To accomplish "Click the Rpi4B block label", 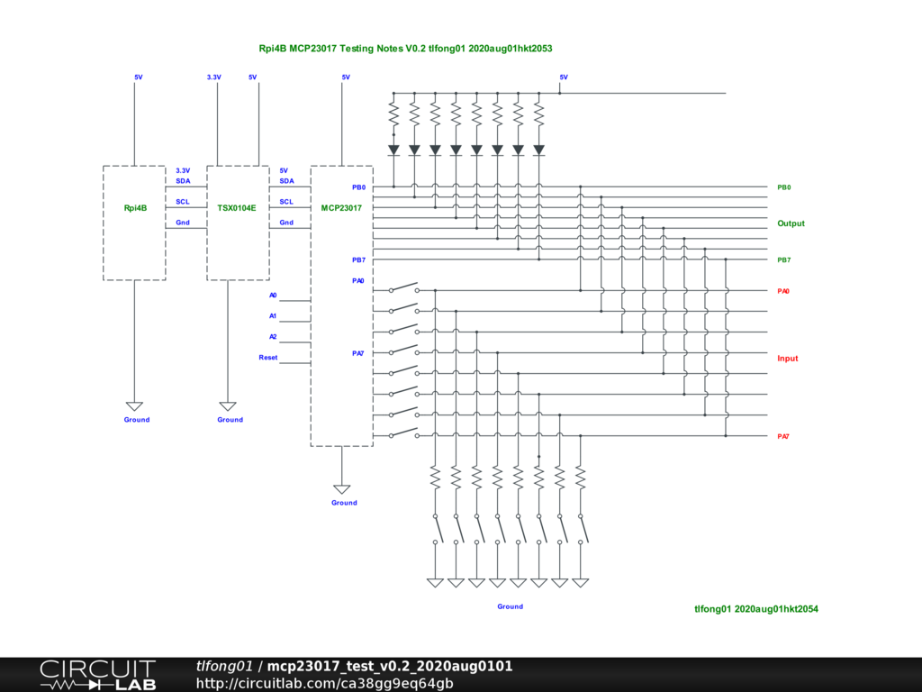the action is (x=135, y=208).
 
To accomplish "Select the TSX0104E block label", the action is (x=237, y=208).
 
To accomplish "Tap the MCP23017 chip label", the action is (x=341, y=208).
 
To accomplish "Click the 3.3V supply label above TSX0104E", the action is (x=214, y=77).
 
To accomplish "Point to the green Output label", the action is (x=791, y=223).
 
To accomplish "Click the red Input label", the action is (x=787, y=359).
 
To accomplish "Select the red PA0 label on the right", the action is (x=783, y=291).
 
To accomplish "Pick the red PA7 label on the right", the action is (x=783, y=437).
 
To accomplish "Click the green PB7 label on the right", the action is (x=784, y=260).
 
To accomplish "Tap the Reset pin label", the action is (x=268, y=358).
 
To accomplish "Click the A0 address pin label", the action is (x=273, y=296).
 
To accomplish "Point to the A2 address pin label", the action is (x=273, y=337).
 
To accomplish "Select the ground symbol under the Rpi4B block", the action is (x=135, y=406).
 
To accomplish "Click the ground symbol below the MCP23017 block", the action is (x=341, y=489).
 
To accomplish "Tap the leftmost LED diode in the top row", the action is (x=394, y=150).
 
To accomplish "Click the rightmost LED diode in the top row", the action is (x=539, y=150).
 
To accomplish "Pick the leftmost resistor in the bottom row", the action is (x=435, y=478).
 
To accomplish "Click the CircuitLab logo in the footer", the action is (x=97, y=675).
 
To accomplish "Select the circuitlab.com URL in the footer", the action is (x=324, y=684).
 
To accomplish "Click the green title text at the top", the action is (x=406, y=49).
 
